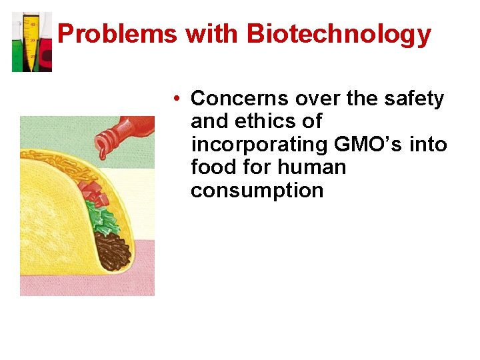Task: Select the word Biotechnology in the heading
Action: (x=339, y=34)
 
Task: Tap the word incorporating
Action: (x=258, y=145)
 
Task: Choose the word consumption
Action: (x=257, y=190)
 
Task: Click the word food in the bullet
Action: (x=213, y=167)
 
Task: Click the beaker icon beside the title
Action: (x=31, y=41)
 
